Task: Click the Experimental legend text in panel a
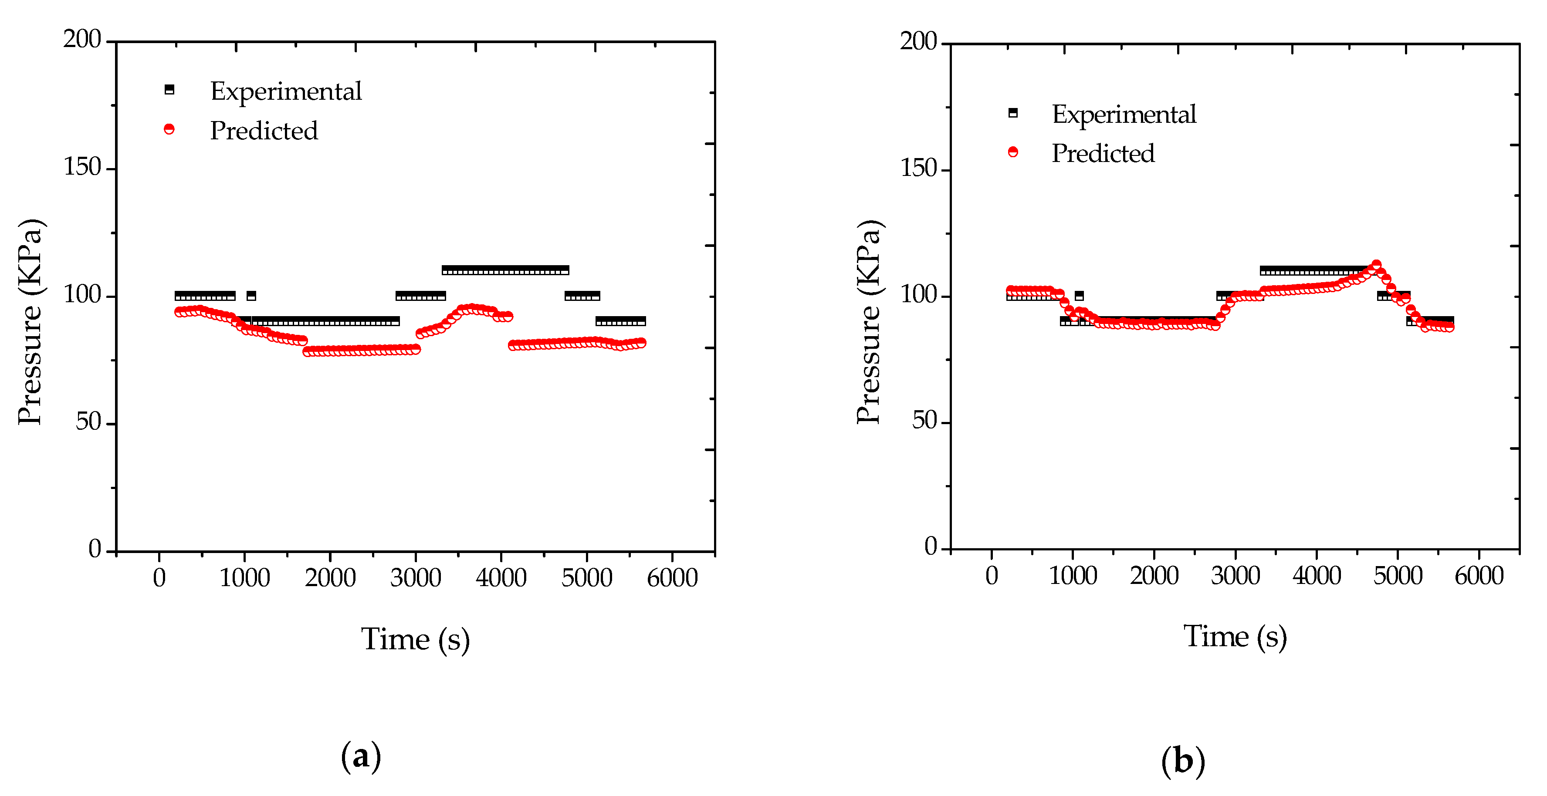(x=286, y=91)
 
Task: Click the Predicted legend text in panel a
(x=264, y=131)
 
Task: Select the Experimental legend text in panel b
(x=1124, y=114)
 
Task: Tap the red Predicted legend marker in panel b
(x=1013, y=152)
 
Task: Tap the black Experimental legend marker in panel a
(x=169, y=89)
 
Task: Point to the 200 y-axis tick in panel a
(x=82, y=40)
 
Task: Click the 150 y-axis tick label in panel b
(x=918, y=169)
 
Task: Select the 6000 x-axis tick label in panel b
(x=1479, y=576)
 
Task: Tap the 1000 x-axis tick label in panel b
(x=1073, y=576)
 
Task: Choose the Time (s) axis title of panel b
(x=1235, y=636)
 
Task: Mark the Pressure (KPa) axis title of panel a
(x=30, y=322)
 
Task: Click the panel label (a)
(x=361, y=756)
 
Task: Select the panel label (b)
(x=1182, y=761)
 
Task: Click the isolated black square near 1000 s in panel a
(x=251, y=295)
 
